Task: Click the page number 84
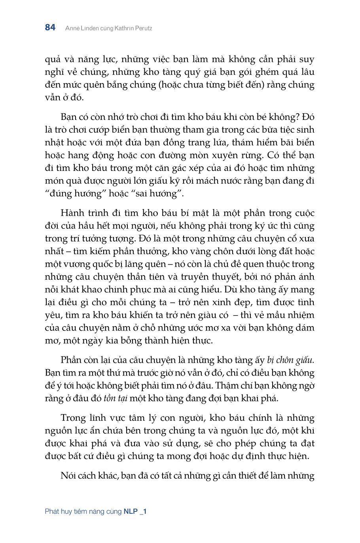[50, 28]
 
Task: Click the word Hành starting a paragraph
[72, 213]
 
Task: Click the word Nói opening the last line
[69, 475]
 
